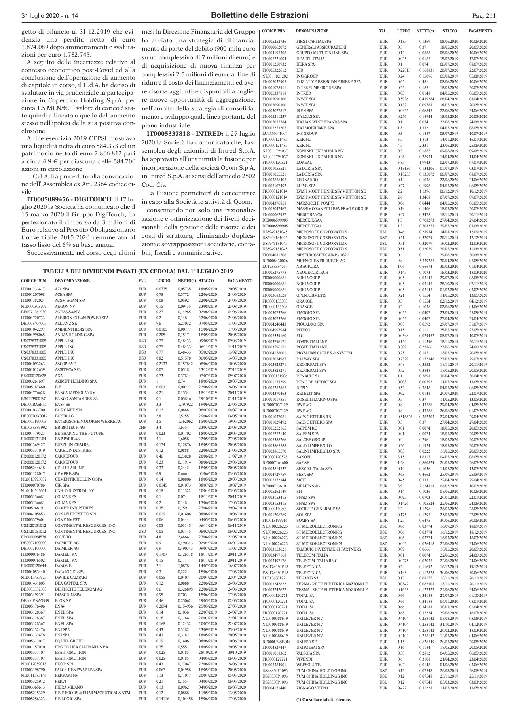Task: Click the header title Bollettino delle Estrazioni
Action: (260, 15)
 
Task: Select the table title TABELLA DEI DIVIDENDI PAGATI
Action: (137, 271)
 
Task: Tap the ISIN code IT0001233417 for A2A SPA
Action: (33, 289)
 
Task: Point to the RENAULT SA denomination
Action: (308, 376)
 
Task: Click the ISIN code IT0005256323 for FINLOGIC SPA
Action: (33, 699)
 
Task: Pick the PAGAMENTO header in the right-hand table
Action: (480, 31)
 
